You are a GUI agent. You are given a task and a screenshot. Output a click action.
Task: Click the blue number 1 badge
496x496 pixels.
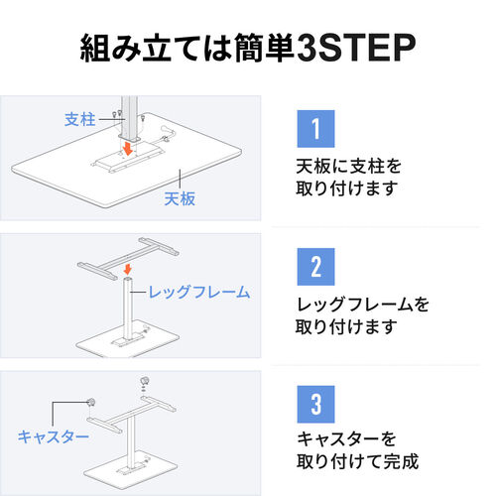click(312, 130)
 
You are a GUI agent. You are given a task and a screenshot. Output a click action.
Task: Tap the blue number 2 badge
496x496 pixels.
click(312, 267)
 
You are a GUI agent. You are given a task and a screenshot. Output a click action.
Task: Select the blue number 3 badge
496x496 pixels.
click(312, 405)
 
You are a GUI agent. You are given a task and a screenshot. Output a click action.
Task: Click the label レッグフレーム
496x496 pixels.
click(198, 293)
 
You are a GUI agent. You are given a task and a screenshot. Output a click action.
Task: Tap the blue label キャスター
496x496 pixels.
click(54, 435)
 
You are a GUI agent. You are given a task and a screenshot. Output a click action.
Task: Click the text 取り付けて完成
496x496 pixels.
click(358, 462)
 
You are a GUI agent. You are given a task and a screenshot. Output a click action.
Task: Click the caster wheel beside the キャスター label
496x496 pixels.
click(90, 403)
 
